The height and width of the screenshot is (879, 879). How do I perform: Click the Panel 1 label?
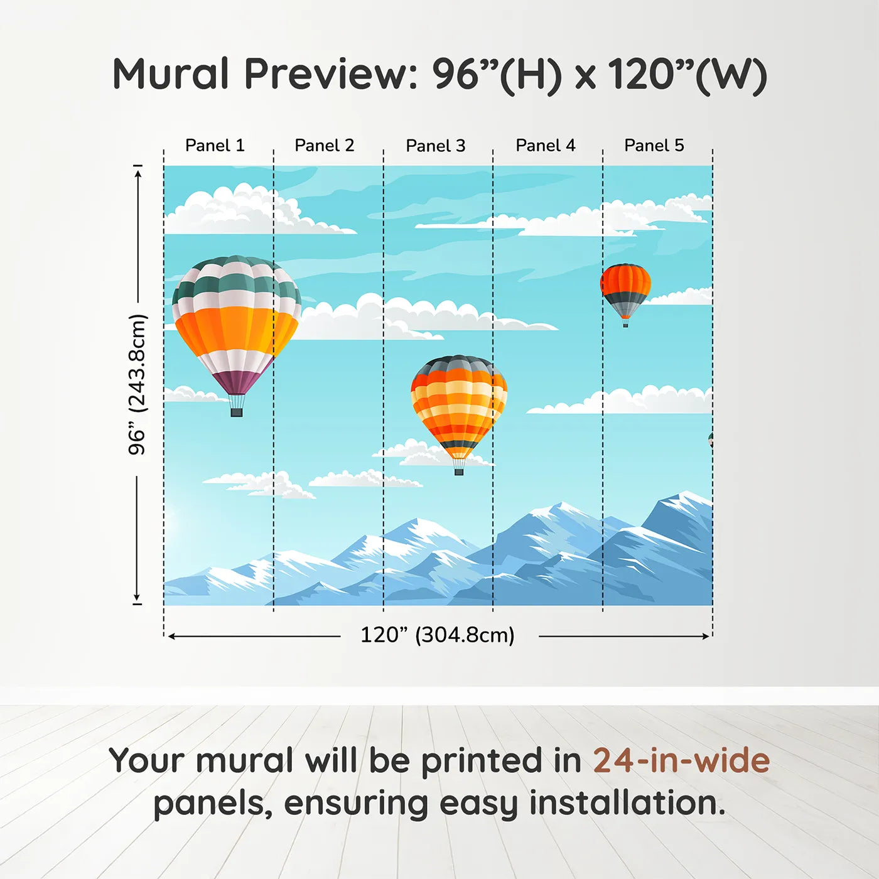tap(215, 146)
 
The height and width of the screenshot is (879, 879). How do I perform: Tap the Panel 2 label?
tap(325, 146)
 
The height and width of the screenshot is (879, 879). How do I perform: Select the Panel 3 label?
tap(436, 146)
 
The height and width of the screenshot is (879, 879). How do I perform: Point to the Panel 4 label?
tap(546, 146)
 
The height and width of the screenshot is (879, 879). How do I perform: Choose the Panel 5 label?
tap(654, 146)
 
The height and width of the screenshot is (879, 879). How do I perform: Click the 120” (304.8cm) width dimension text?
tap(438, 635)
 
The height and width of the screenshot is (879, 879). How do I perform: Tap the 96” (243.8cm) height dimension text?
tap(138, 384)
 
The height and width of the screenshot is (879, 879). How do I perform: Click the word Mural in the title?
tap(171, 74)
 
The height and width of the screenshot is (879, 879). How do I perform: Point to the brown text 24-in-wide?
tap(681, 761)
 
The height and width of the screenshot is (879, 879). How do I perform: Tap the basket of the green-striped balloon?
tap(237, 413)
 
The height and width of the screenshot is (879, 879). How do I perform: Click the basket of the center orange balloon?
tap(459, 471)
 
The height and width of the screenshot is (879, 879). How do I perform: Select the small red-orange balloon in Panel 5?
tap(625, 288)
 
